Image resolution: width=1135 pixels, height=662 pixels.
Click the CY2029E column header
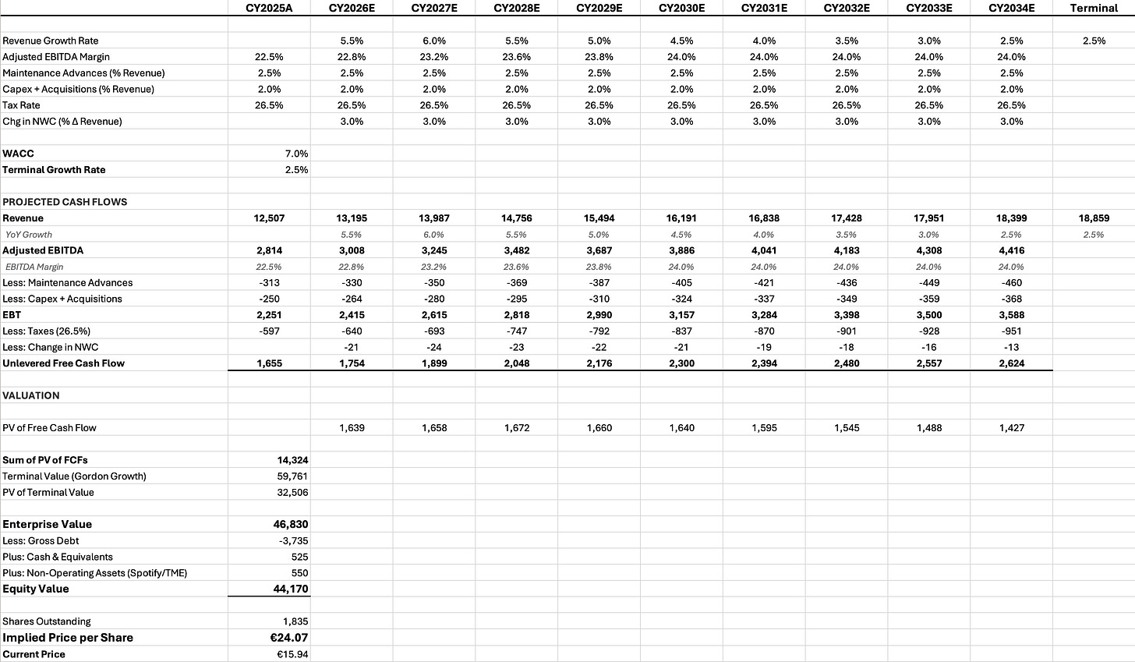pyautogui.click(x=598, y=8)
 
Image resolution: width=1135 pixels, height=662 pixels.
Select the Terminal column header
pyautogui.click(x=1094, y=8)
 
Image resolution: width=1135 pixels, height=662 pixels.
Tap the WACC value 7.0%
pyautogui.click(x=296, y=154)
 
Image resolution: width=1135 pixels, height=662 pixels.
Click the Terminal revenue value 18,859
pyautogui.click(x=1094, y=218)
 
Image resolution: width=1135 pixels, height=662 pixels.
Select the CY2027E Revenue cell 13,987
pyautogui.click(x=433, y=218)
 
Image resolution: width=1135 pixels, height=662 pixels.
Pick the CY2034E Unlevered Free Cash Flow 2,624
pyautogui.click(x=1012, y=363)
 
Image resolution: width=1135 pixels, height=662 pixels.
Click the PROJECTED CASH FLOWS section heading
pyautogui.click(x=65, y=202)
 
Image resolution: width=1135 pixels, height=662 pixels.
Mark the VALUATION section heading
pyautogui.click(x=31, y=395)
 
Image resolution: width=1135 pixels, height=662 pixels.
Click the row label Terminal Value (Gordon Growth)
pyautogui.click(x=74, y=476)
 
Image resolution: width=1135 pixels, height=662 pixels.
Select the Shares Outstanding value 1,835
pyautogui.click(x=295, y=621)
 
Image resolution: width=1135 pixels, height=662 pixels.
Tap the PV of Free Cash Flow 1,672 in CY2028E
pyautogui.click(x=516, y=428)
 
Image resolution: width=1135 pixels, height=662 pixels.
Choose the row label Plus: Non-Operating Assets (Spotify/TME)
pyautogui.click(x=94, y=573)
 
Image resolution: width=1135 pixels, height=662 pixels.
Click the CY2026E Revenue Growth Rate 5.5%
pyautogui.click(x=352, y=41)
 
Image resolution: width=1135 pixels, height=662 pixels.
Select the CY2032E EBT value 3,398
pyautogui.click(x=847, y=315)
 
